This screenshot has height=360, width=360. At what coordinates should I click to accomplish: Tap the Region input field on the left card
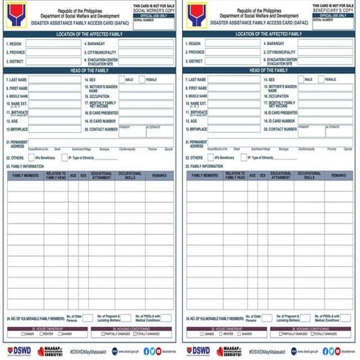52,42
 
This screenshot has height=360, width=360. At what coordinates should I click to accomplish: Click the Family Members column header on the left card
25,174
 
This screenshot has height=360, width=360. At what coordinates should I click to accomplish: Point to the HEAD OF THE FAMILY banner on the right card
269,71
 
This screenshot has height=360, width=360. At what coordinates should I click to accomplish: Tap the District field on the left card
52,61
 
